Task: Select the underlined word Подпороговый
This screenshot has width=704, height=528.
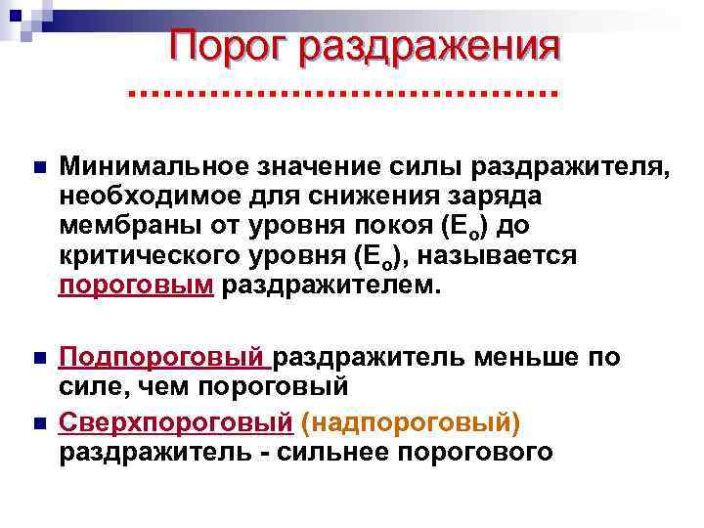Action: pyautogui.click(x=162, y=357)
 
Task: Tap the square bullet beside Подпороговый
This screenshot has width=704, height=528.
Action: pyautogui.click(x=36, y=357)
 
